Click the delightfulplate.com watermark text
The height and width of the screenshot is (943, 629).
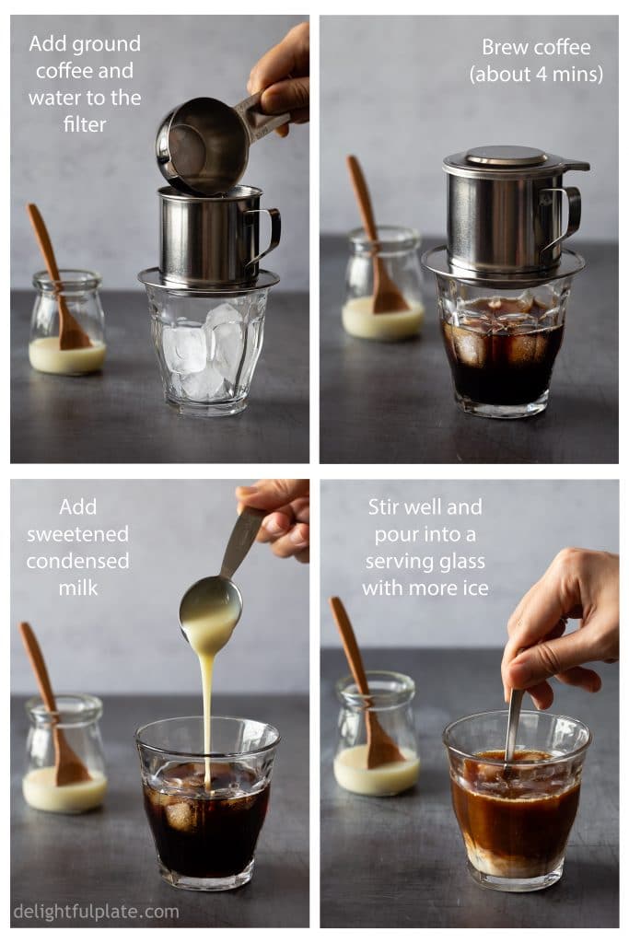click(x=96, y=912)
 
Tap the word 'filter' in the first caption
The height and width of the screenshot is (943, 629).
click(x=85, y=122)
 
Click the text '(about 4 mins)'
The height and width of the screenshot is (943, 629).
click(x=536, y=75)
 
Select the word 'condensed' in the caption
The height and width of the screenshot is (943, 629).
click(x=77, y=560)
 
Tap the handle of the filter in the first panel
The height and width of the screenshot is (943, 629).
click(x=264, y=235)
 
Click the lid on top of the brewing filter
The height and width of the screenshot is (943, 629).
click(x=507, y=158)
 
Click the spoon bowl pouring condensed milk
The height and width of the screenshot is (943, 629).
click(x=211, y=604)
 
